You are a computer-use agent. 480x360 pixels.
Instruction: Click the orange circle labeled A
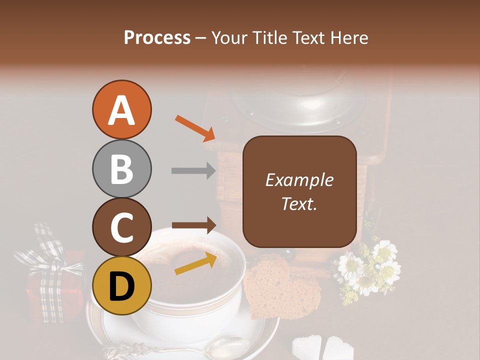tap(121, 110)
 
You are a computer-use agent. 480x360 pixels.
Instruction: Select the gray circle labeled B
tap(121, 169)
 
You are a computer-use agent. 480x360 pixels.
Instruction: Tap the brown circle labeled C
tap(121, 227)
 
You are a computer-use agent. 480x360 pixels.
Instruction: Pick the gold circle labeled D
tap(121, 286)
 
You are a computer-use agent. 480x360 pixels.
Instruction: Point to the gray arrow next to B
tap(193, 171)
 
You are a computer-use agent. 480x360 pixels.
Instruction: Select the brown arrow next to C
tap(193, 225)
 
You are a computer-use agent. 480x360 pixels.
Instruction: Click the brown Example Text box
tap(299, 191)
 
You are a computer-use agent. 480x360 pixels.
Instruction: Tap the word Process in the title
tap(157, 37)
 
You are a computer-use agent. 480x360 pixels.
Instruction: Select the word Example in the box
tap(299, 180)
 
